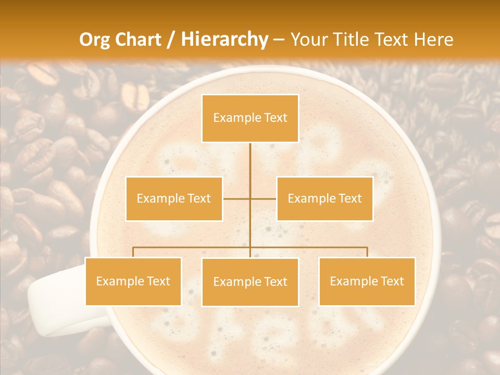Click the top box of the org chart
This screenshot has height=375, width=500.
250,118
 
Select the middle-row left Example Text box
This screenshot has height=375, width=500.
174,198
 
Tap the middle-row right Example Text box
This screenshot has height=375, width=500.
324,198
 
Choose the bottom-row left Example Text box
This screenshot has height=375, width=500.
133,281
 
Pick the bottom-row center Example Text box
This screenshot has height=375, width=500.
250,282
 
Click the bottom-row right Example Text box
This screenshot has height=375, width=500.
367,281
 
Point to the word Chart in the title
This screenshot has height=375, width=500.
137,40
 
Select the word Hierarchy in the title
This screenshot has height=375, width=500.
224,40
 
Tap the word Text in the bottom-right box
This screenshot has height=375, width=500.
392,281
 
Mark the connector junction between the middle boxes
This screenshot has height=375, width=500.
250,198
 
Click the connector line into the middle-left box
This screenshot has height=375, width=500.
235,198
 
